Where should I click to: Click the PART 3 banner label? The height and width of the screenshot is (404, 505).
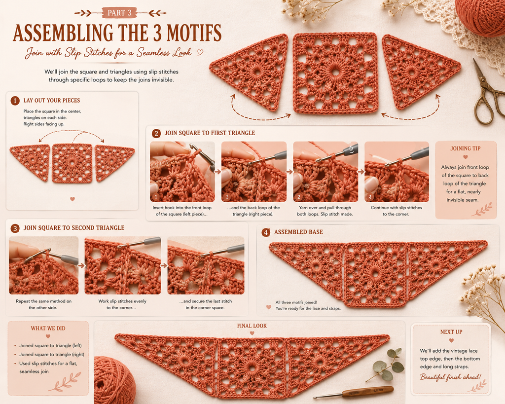click(119, 13)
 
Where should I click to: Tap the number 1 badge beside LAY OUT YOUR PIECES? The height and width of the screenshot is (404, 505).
click(15, 101)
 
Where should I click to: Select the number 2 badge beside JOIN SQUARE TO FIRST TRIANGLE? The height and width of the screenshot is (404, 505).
click(156, 133)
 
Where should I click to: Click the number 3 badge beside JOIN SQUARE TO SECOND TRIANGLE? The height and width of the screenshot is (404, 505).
click(15, 228)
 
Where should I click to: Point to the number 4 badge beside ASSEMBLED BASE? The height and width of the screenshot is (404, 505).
click(266, 232)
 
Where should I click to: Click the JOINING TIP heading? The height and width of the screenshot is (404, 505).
click(466, 148)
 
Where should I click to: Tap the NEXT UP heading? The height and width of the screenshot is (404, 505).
click(451, 332)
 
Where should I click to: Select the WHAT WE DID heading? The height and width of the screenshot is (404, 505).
click(48, 329)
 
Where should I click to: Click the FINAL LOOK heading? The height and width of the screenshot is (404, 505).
click(252, 326)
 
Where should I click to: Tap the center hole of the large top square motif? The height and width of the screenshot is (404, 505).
click(335, 72)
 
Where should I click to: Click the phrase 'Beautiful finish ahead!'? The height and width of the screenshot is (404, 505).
click(450, 377)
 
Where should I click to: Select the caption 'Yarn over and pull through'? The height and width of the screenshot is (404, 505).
click(325, 208)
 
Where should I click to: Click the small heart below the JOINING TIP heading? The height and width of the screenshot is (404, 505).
click(466, 157)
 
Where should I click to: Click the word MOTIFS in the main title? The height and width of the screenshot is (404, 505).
click(194, 33)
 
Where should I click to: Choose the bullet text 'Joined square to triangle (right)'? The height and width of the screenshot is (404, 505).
click(52, 354)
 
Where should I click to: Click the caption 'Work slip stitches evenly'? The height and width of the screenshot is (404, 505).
click(122, 301)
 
